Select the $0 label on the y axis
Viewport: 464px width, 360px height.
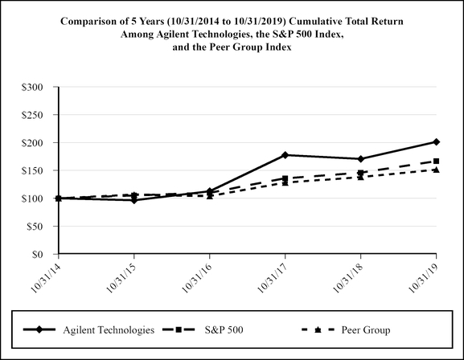click(46, 255)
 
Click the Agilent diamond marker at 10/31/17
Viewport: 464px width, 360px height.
click(285, 155)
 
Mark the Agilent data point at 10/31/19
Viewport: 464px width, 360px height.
click(436, 141)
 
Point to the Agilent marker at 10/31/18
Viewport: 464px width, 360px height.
click(361, 159)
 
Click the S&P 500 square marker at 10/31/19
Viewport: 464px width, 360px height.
click(436, 161)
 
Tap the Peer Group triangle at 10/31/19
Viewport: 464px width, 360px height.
click(436, 170)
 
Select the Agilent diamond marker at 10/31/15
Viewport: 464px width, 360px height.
click(134, 200)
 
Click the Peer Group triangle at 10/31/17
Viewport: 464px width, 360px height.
click(285, 182)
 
